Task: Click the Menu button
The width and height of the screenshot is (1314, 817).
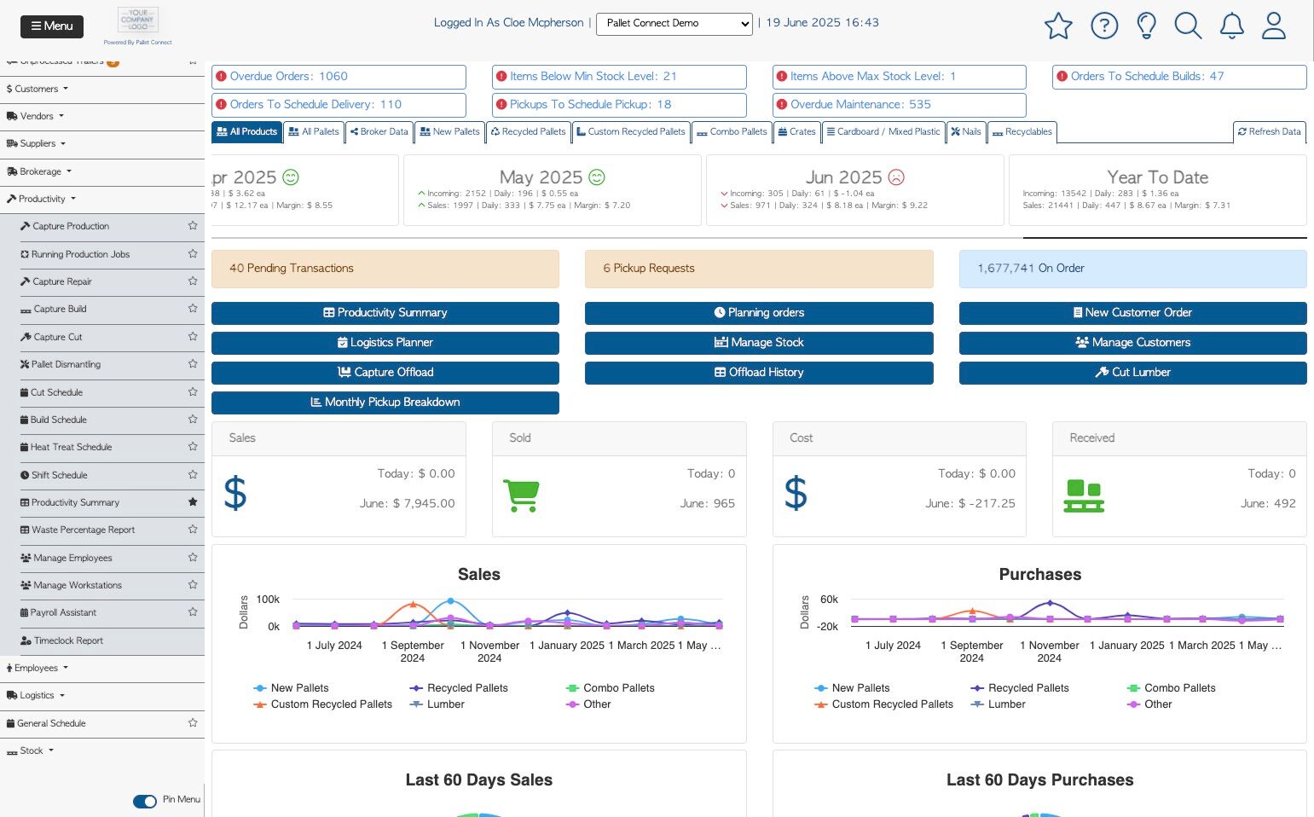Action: pos(52,26)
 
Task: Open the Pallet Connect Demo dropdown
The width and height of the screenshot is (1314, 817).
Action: pos(674,24)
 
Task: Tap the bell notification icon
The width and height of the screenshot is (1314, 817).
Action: pos(1231,26)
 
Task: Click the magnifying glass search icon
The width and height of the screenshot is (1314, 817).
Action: pos(1188,26)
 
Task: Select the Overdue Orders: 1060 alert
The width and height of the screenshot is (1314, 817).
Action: pos(339,77)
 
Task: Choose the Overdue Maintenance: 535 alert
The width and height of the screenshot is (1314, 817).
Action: pos(899,105)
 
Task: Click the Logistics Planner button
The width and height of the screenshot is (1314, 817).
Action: pos(385,343)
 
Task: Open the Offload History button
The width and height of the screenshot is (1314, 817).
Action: pos(759,373)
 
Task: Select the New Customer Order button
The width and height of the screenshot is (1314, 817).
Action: pos(1132,313)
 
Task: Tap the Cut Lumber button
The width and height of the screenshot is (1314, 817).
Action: pos(1132,373)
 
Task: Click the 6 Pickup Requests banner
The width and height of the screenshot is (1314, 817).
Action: pos(759,269)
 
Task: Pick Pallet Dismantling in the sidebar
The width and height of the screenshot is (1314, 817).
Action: pos(66,365)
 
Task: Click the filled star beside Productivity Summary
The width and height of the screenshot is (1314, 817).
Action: pos(193,502)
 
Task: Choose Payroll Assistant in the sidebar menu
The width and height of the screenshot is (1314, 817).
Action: pos(63,613)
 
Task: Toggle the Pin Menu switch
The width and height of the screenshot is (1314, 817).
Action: pos(145,801)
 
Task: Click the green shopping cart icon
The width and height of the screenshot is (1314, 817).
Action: pos(521,495)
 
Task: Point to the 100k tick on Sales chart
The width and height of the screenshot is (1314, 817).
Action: pos(268,600)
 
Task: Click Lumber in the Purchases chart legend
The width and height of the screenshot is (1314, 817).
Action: pos(1006,704)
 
